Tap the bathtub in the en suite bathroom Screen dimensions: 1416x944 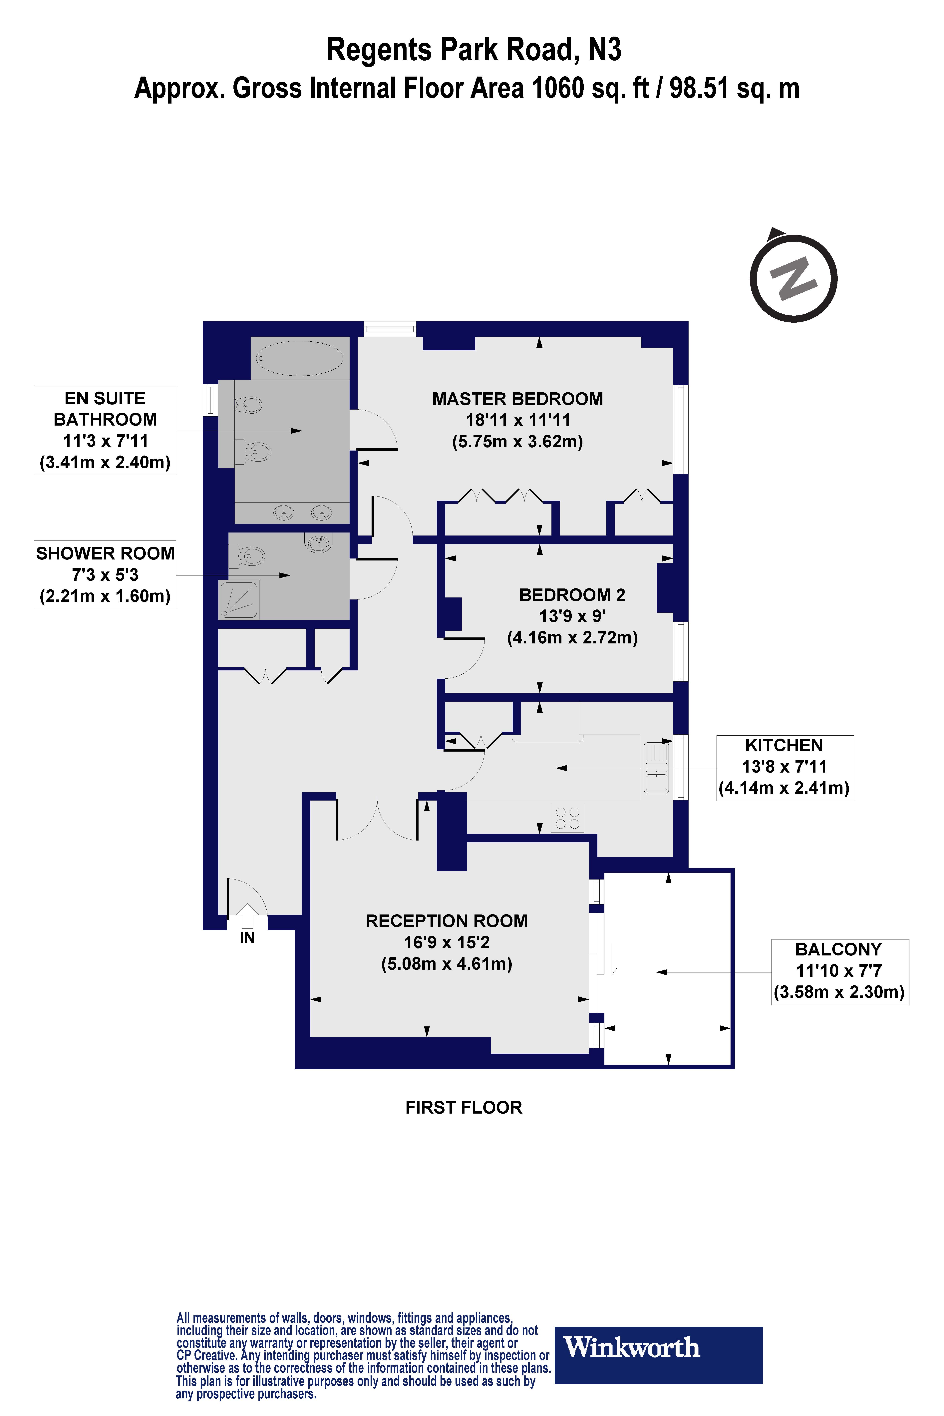pyautogui.click(x=300, y=358)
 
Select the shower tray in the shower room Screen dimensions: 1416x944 pyautogui.click(x=239, y=600)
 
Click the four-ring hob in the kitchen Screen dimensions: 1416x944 pyautogui.click(x=567, y=818)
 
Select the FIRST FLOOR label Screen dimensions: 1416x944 pyautogui.click(x=464, y=1108)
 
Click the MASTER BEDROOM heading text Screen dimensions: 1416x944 pyautogui.click(x=517, y=399)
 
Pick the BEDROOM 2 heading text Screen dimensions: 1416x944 pyautogui.click(x=572, y=595)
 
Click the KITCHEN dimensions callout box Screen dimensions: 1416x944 pyautogui.click(x=785, y=767)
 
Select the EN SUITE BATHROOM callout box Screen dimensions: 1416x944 pyautogui.click(x=105, y=431)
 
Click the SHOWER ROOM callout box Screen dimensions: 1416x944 pyautogui.click(x=105, y=574)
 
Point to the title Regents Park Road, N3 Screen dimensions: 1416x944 pyautogui.click(x=474, y=49)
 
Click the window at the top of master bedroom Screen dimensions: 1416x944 pyautogui.click(x=390, y=329)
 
